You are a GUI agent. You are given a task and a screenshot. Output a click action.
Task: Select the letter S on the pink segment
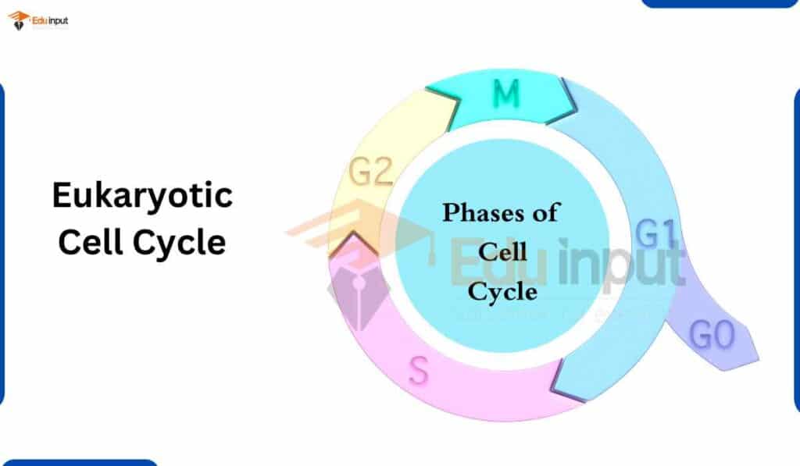tap(419, 371)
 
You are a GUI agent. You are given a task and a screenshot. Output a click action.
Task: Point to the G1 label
tap(656, 233)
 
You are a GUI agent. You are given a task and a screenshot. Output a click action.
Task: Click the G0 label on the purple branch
tap(712, 335)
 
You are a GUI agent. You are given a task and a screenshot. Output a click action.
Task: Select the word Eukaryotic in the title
tap(142, 196)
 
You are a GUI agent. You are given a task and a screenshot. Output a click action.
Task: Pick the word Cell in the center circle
tap(502, 252)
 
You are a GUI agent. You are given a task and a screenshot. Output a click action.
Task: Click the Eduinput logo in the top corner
tap(37, 21)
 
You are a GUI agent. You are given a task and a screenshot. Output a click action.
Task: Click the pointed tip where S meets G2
tap(352, 233)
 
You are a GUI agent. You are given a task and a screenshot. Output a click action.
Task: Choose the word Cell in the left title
tap(90, 242)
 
